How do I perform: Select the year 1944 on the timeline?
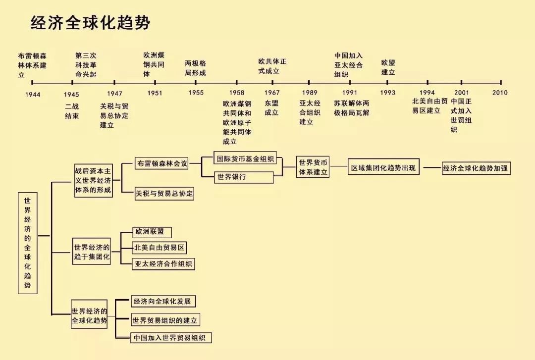tap(33, 94)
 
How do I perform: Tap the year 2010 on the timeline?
tap(500, 93)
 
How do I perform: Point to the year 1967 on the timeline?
tap(272, 93)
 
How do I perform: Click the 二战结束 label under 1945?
tap(72, 111)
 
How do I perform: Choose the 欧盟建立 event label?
tap(388, 67)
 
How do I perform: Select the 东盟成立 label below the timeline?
tap(271, 108)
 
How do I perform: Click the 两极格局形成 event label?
tap(195, 68)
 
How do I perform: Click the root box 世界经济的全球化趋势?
tap(28, 243)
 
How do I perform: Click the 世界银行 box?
tap(244, 177)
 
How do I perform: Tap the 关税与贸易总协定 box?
tap(164, 194)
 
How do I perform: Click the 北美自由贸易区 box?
tap(160, 247)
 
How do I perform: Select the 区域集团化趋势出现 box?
tap(383, 168)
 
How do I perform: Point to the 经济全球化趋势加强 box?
tap(476, 168)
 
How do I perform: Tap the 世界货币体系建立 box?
tap(314, 168)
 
